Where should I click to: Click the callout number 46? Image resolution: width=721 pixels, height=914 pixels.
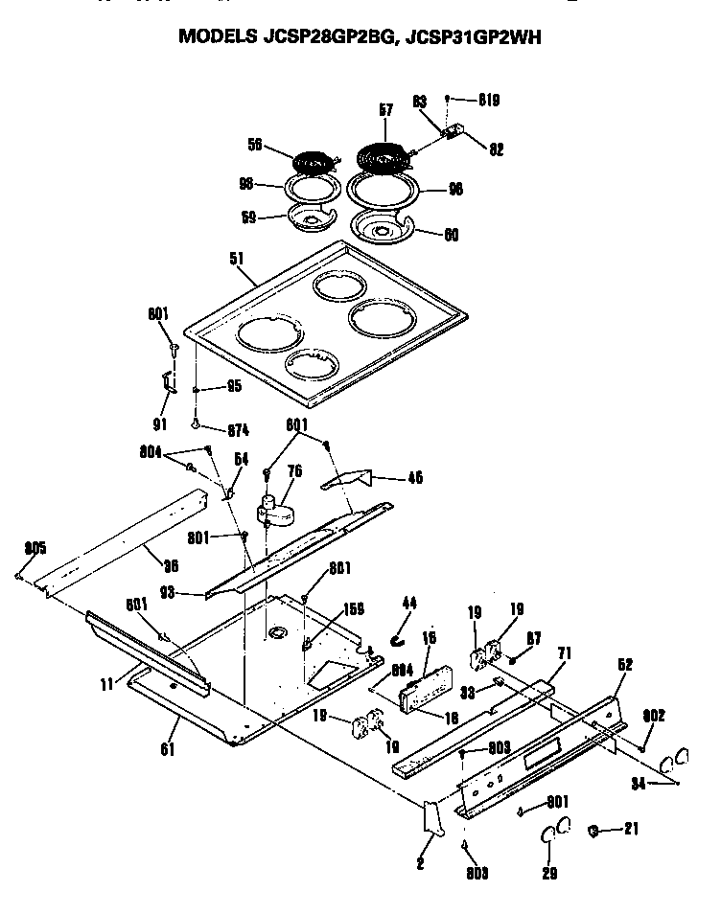click(x=415, y=477)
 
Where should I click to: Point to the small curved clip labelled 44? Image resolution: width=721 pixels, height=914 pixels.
click(x=400, y=635)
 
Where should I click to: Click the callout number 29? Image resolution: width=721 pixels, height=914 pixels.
click(x=549, y=873)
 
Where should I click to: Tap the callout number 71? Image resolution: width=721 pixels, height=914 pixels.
click(x=564, y=652)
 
